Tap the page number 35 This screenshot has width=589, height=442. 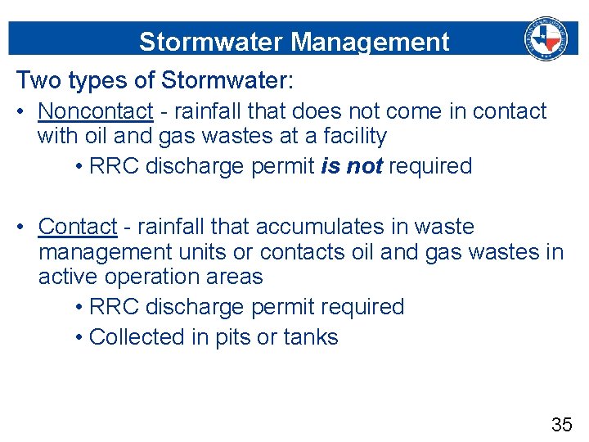coord(561,424)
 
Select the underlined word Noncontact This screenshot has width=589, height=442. coord(95,110)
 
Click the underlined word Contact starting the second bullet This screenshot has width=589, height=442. coord(78,226)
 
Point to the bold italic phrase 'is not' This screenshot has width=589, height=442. coord(352,166)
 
